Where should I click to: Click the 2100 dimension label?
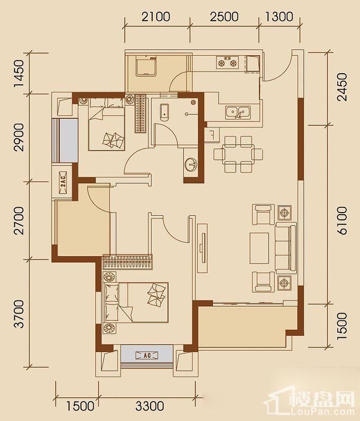click(x=156, y=17)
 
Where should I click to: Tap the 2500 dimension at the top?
click(x=224, y=17)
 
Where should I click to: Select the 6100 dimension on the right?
click(x=342, y=220)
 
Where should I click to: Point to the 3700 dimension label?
click(x=19, y=314)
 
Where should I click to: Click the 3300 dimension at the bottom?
click(x=149, y=406)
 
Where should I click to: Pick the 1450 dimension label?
click(x=19, y=74)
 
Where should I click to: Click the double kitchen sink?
click(x=238, y=112)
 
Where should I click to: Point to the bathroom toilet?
click(x=165, y=113)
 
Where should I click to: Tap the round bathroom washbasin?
click(x=191, y=164)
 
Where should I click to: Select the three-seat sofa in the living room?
click(x=286, y=247)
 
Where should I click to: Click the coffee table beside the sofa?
click(x=259, y=248)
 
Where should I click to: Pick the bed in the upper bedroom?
click(x=106, y=124)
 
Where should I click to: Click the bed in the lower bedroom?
click(x=137, y=302)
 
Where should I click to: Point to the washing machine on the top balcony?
click(x=146, y=66)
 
